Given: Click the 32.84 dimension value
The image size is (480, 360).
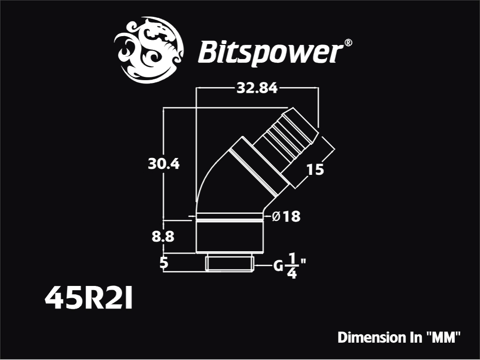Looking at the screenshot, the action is (x=257, y=89).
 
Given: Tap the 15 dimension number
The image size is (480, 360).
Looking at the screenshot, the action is (x=315, y=170).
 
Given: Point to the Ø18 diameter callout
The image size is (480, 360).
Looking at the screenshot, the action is (x=286, y=217).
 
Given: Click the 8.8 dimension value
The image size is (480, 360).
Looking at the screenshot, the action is (x=163, y=237).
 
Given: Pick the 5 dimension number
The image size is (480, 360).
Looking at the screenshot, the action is (x=164, y=263).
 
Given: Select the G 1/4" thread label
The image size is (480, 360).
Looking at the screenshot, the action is (x=290, y=266).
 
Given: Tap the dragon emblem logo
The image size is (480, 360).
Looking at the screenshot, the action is (x=149, y=50).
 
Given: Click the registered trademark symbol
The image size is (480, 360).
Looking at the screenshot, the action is (x=348, y=43).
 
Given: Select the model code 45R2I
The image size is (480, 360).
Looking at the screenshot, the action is (x=89, y=297).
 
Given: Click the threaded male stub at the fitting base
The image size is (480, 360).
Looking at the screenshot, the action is (x=230, y=262).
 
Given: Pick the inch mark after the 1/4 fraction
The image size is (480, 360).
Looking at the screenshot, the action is (x=303, y=262).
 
